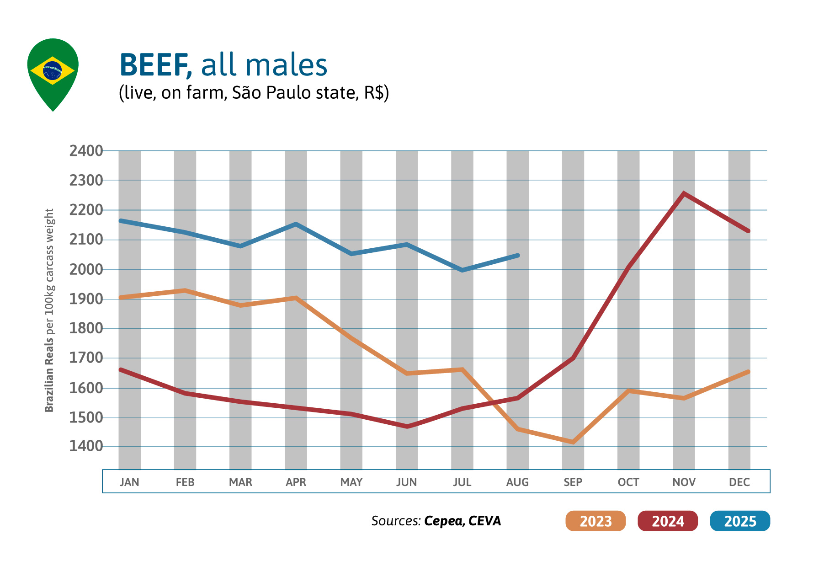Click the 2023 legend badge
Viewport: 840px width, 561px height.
(x=595, y=521)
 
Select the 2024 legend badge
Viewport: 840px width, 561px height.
(x=667, y=521)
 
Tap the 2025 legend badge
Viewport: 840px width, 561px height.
(x=739, y=521)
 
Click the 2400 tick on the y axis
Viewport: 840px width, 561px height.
(x=86, y=151)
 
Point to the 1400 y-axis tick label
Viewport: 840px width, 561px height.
(x=86, y=446)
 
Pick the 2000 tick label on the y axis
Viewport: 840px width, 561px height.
(x=86, y=269)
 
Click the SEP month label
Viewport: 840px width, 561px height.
(x=573, y=482)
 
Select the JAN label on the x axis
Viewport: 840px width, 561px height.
(x=129, y=482)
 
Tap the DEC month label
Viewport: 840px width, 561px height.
(x=739, y=482)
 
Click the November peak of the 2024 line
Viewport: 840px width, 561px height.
(x=684, y=193)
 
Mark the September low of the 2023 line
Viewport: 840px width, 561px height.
(x=573, y=442)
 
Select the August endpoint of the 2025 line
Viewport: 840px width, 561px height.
(x=517, y=255)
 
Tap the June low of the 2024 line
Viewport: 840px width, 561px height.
(x=407, y=427)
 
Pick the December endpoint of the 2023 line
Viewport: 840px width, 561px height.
(x=748, y=372)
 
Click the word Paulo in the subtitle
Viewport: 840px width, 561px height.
(x=287, y=93)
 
